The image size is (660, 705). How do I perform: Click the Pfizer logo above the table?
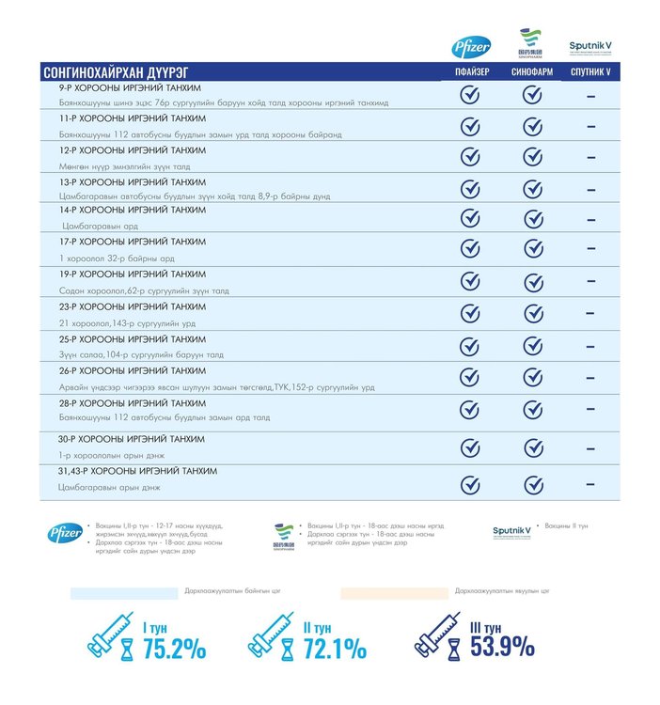pyautogui.click(x=470, y=45)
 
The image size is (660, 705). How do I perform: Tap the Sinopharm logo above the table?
pyautogui.click(x=531, y=44)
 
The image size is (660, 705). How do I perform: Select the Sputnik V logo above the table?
pyautogui.click(x=590, y=45)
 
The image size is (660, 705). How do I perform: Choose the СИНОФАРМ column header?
pyautogui.click(x=531, y=72)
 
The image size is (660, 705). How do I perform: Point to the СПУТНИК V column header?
pyautogui.click(x=590, y=72)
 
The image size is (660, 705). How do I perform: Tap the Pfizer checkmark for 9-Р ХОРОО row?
pyautogui.click(x=470, y=95)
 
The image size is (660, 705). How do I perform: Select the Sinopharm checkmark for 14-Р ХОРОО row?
pyautogui.click(x=532, y=218)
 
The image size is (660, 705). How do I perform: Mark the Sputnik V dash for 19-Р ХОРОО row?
pyautogui.click(x=590, y=281)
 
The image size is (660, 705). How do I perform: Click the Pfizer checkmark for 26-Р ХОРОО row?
pyautogui.click(x=470, y=377)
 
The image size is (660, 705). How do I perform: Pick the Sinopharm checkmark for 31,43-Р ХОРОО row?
pyautogui.click(x=532, y=484)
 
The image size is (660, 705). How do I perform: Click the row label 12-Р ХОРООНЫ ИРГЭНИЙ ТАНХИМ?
pyautogui.click(x=133, y=150)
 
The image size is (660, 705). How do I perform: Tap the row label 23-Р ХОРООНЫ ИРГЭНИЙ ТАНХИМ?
pyautogui.click(x=133, y=306)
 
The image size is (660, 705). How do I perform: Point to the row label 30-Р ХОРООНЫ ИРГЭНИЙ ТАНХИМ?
pyautogui.click(x=133, y=439)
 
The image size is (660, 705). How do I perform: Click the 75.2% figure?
pyautogui.click(x=174, y=648)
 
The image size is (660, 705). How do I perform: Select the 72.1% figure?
pyautogui.click(x=334, y=648)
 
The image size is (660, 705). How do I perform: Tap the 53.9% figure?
pyautogui.click(x=503, y=648)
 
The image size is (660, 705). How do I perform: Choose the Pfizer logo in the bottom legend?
pyautogui.click(x=66, y=533)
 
